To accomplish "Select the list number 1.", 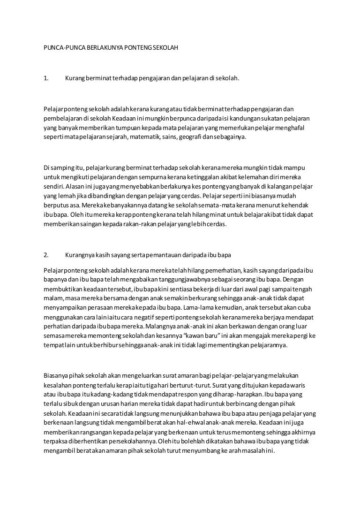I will click(46, 78).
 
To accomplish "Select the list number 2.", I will click(46, 256).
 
